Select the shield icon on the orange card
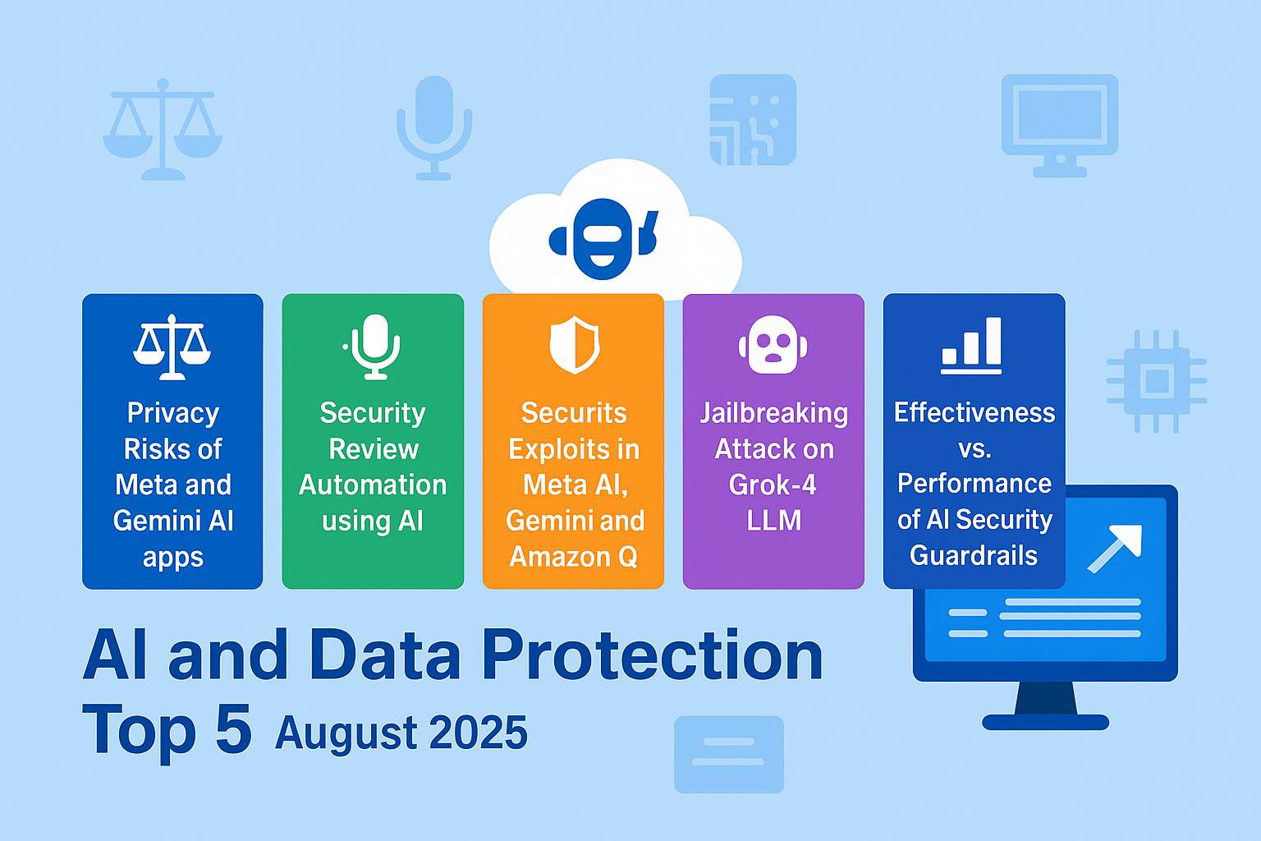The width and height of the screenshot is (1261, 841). [574, 345]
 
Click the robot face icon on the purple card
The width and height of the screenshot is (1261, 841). [773, 345]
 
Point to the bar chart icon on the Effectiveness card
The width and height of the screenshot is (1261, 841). [972, 346]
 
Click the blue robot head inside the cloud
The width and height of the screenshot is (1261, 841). [603, 239]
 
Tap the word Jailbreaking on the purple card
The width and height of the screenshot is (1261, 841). [773, 413]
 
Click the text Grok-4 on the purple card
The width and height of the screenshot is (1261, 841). [773, 485]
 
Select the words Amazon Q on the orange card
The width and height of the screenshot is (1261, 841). [574, 557]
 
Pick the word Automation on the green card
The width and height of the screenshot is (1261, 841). [373, 485]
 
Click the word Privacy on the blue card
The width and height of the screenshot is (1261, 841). [173, 413]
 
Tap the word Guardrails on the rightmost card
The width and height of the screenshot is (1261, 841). [974, 556]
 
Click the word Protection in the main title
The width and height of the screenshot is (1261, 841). [652, 656]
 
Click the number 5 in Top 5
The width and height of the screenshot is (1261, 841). [233, 729]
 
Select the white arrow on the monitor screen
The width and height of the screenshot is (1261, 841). [1116, 547]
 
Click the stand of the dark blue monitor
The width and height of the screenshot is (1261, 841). [1045, 706]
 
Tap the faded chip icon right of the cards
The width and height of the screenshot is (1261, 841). [1156, 381]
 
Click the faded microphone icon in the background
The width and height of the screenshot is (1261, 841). [434, 127]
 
